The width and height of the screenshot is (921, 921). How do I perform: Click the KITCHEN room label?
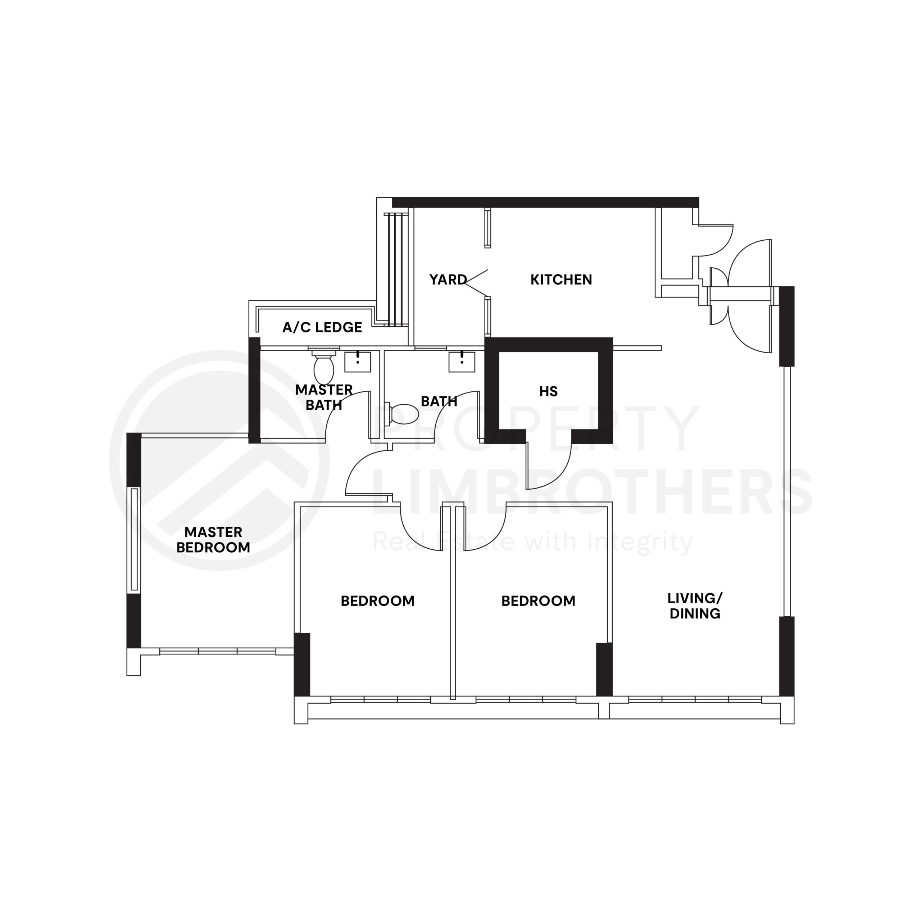click(561, 280)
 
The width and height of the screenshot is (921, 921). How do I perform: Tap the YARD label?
click(448, 280)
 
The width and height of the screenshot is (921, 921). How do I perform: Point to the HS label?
click(548, 391)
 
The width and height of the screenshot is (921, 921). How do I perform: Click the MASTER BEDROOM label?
click(213, 540)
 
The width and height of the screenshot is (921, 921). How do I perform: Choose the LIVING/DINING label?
click(695, 606)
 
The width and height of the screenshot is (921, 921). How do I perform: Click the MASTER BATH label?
click(324, 397)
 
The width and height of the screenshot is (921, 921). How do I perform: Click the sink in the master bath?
click(358, 362)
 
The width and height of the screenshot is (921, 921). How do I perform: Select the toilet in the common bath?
click(403, 414)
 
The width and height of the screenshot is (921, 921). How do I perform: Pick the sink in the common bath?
click(462, 362)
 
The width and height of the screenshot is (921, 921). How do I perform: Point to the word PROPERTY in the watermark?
click(534, 429)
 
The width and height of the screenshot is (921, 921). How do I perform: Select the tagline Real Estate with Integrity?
click(531, 542)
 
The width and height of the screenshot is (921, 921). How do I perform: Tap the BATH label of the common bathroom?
click(439, 401)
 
